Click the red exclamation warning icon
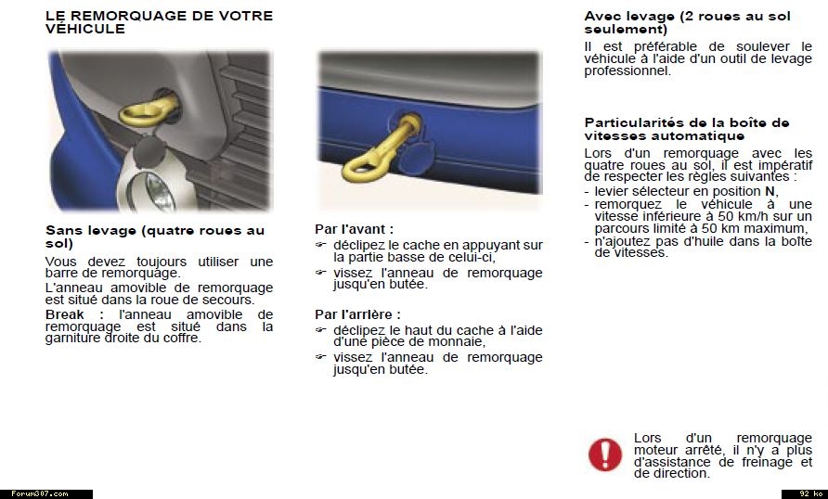(605, 454)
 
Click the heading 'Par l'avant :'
(354, 228)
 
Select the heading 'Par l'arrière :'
(357, 314)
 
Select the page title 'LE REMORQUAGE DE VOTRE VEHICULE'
(159, 22)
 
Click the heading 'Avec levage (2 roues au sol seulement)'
(687, 22)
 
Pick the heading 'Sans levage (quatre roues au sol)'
(154, 237)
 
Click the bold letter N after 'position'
(770, 191)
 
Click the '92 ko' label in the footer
(805, 493)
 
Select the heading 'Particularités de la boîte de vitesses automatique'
(687, 129)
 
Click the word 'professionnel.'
(627, 70)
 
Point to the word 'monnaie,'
(455, 341)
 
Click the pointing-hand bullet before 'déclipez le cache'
(321, 246)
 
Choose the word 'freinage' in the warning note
(757, 461)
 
